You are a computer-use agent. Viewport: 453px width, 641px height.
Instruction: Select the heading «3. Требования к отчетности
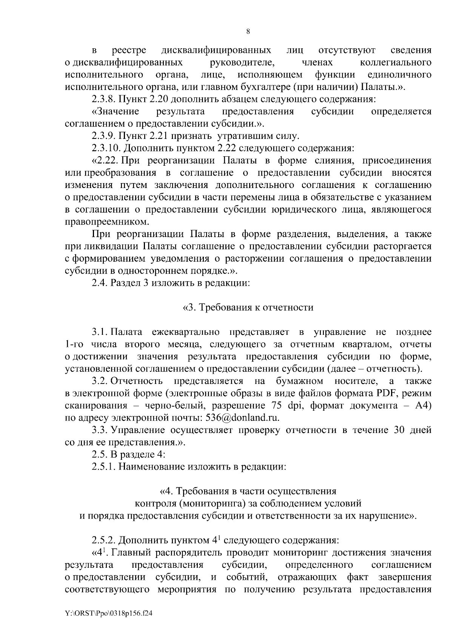248,307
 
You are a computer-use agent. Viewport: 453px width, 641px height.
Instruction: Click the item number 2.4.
100,283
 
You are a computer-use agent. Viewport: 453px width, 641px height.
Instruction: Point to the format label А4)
421,405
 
